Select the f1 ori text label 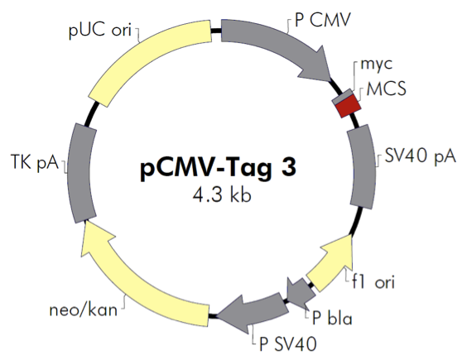[373, 282]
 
